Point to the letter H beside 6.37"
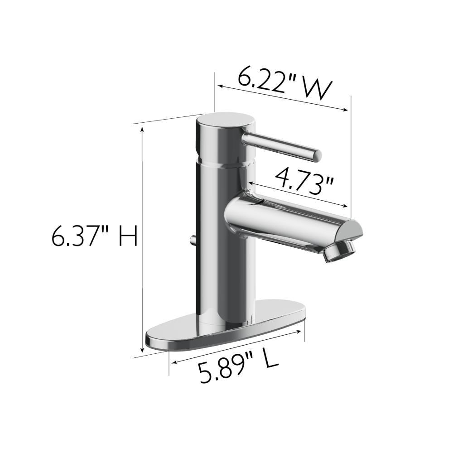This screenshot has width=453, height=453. click(128, 237)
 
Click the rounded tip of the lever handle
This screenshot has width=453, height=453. click(318, 155)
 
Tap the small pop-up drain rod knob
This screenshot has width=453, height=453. click(193, 239)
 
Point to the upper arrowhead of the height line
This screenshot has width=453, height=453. click(143, 129)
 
